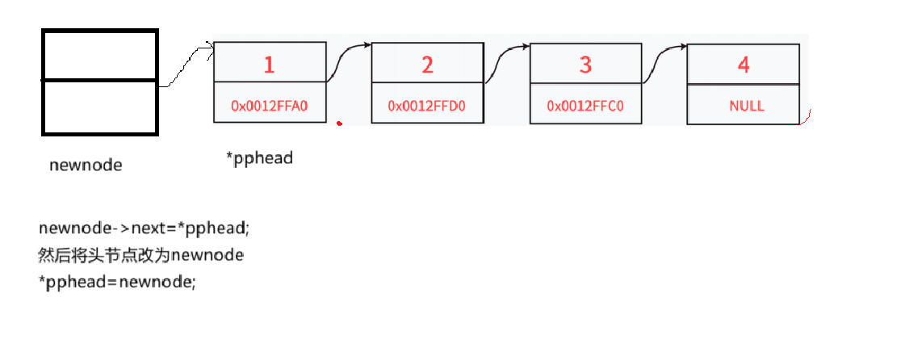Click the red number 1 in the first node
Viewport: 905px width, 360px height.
coord(269,65)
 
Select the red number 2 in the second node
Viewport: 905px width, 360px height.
coord(427,65)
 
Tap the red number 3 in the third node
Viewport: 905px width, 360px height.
coord(585,65)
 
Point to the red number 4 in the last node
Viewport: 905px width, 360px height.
coord(744,65)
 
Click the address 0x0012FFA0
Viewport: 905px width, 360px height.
coord(269,105)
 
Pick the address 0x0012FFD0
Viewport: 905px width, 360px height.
coord(426,106)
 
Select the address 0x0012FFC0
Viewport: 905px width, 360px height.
coord(585,106)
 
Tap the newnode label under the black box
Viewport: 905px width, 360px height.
coord(86,165)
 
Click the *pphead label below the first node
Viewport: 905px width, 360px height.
coord(259,158)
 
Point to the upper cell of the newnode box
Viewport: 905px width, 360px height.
coord(99,56)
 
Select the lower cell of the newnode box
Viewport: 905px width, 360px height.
coord(99,107)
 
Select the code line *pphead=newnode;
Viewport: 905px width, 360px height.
coord(117,283)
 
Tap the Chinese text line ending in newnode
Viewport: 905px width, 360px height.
coord(140,255)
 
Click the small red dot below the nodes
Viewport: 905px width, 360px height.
coord(340,123)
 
